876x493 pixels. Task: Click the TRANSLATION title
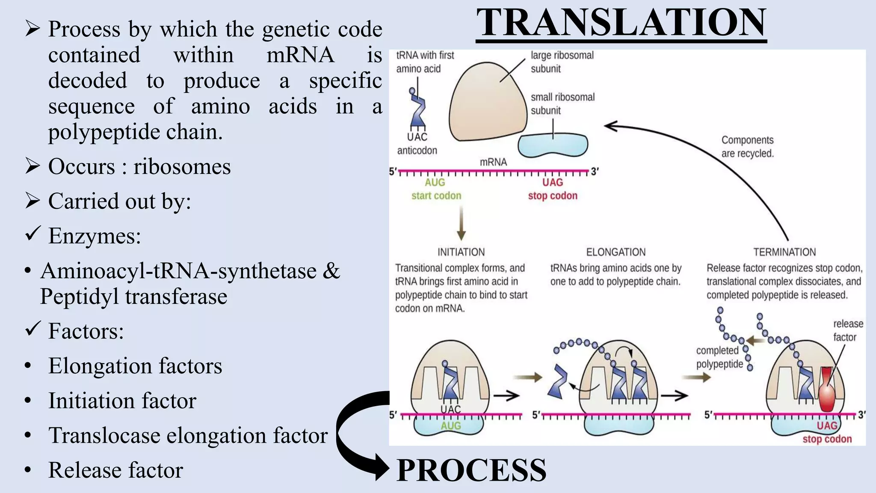tap(621, 23)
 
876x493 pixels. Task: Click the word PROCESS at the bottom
tap(471, 470)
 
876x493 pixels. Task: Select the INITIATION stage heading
tap(461, 252)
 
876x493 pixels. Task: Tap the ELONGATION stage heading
tap(616, 252)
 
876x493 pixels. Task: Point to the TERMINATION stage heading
tap(784, 252)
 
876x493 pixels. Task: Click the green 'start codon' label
tap(436, 196)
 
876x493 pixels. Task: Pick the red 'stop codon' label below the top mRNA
tap(553, 196)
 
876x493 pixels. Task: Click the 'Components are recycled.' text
tap(747, 147)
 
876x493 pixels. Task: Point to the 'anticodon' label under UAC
tap(417, 151)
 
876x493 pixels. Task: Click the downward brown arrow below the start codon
tap(461, 223)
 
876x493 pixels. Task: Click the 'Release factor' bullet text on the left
tap(115, 470)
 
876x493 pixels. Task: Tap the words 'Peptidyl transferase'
tap(133, 297)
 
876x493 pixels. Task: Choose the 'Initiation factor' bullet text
tap(122, 401)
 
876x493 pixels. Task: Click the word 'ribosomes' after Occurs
tap(182, 166)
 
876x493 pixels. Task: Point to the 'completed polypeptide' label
tap(719, 357)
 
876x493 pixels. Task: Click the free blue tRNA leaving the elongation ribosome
tap(558, 381)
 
